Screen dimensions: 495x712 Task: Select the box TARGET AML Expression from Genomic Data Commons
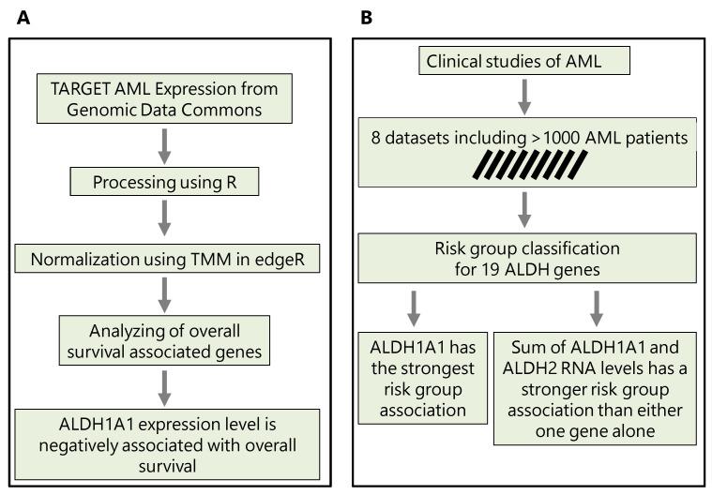166,100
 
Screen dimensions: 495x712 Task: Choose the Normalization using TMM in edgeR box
166,256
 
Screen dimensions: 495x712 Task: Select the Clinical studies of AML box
523,64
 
